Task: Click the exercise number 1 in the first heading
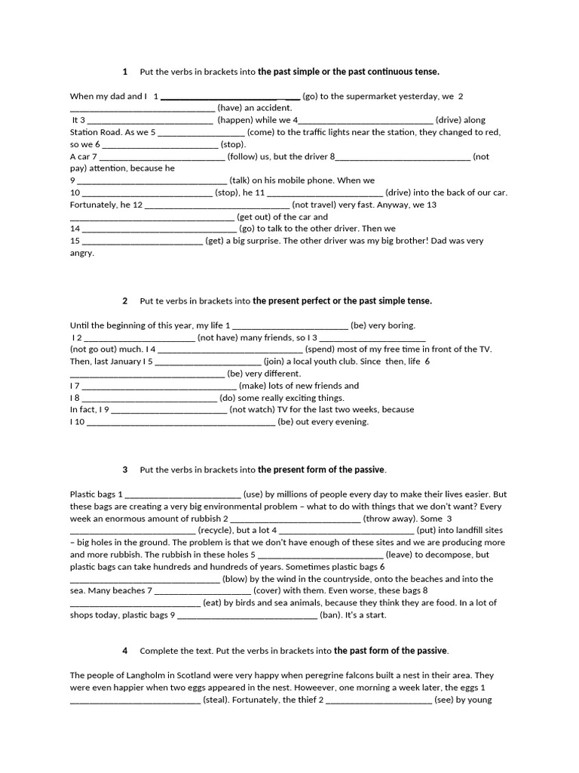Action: click(124, 72)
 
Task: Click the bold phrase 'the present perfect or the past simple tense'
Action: click(342, 300)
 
